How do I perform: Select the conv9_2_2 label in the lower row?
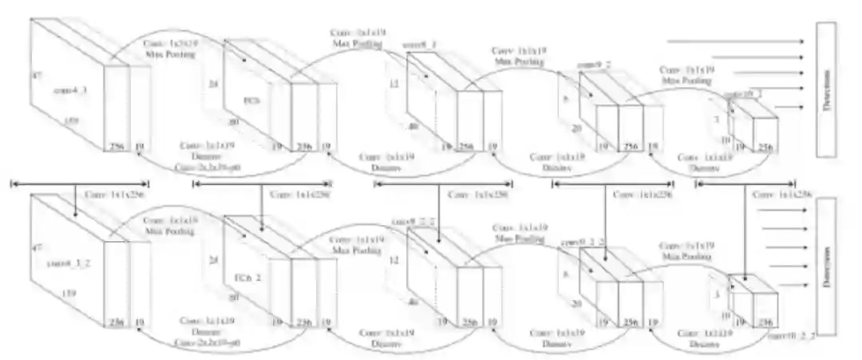pos(599,240)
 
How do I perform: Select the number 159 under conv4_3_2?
pos(69,295)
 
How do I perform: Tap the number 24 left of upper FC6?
pos(212,82)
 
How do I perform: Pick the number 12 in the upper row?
pos(393,83)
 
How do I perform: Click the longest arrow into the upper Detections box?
pos(734,40)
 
